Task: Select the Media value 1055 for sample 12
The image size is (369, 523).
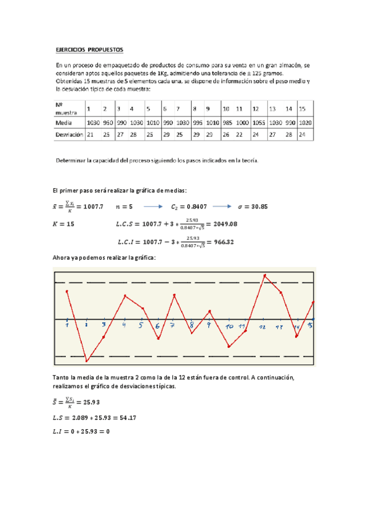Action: tap(259, 122)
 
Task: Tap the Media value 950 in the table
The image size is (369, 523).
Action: tap(108, 122)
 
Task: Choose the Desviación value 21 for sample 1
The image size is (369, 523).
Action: tap(91, 133)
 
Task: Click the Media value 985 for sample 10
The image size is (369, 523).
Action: tap(227, 122)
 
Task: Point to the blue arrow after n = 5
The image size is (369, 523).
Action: tap(157, 206)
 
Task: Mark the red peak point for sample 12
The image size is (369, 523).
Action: tap(264, 275)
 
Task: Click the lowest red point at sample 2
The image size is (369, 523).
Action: tap(86, 360)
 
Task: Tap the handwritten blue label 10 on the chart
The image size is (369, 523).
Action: tap(229, 326)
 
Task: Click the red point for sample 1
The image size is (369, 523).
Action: tap(67, 291)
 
